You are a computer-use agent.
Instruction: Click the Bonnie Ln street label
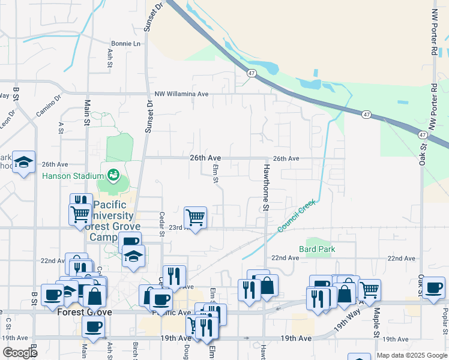(125, 44)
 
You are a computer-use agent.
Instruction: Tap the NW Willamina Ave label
(181, 94)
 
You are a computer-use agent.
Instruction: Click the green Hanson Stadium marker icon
(112, 175)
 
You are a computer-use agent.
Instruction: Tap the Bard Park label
(317, 249)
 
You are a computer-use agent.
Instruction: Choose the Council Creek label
(297, 217)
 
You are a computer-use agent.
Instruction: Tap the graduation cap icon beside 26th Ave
(24, 162)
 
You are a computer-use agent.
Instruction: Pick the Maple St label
(377, 323)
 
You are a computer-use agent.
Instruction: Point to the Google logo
(20, 353)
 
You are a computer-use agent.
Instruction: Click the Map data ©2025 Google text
(411, 355)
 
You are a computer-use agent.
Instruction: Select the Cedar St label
(161, 223)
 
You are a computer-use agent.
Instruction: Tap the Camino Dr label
(49, 108)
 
